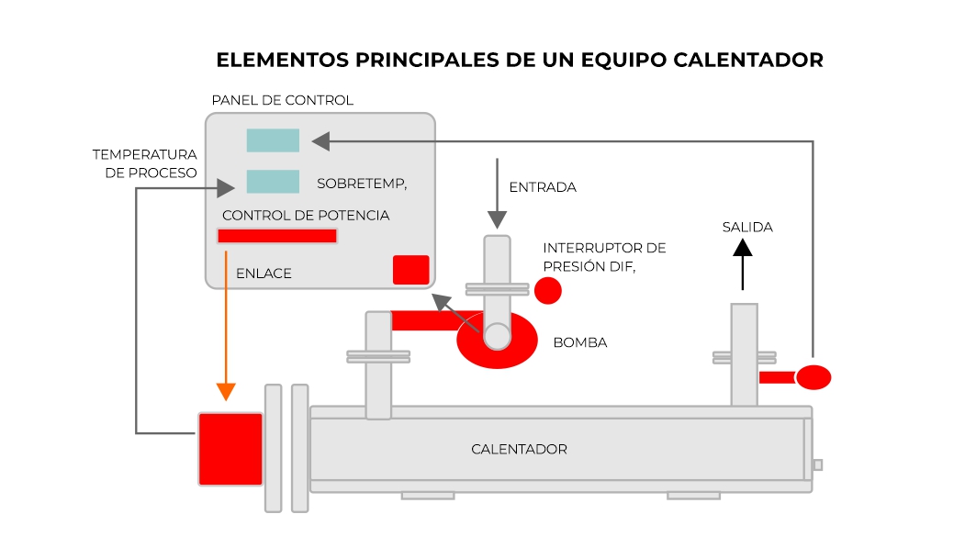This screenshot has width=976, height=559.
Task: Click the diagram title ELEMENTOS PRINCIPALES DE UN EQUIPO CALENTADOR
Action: point(520,60)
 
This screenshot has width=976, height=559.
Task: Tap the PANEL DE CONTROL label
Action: point(283,100)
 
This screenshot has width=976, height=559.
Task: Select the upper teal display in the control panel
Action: point(273,140)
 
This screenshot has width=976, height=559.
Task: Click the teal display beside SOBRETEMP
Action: point(273,182)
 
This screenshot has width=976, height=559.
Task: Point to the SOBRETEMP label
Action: point(362,184)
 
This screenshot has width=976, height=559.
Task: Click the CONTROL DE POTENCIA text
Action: point(306,216)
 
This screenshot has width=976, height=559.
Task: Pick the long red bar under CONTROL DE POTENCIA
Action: point(277,236)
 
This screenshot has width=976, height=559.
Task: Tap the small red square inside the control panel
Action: point(410,270)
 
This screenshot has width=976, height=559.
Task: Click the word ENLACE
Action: point(264,274)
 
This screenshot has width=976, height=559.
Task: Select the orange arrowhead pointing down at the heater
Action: point(226,392)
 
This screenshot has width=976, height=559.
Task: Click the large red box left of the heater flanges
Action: point(230,449)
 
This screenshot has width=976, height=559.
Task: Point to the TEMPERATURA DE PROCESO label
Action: point(145,163)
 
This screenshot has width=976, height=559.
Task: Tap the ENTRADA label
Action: point(543,187)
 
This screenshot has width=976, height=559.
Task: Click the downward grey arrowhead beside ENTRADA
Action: point(497,220)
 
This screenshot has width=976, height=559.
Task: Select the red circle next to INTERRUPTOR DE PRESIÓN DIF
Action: point(548,291)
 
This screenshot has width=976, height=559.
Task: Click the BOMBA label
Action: point(580,342)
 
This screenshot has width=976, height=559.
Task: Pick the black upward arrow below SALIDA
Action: point(743,264)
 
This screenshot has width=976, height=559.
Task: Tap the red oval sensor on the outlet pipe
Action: point(813,377)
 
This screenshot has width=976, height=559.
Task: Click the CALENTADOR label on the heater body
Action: point(519,450)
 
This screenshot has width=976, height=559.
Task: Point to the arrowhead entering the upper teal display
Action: point(320,141)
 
